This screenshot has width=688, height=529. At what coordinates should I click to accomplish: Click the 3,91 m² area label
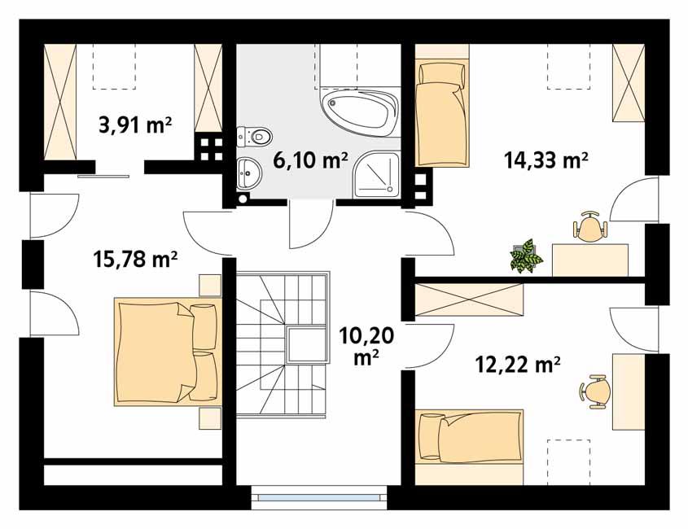coord(134,125)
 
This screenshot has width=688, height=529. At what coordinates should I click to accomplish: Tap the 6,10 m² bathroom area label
coord(310,160)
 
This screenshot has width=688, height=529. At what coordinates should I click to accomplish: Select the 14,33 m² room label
coord(546,160)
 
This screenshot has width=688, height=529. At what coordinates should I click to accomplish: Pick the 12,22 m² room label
coord(518,365)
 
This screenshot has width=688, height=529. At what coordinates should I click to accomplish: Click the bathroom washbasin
coord(247,172)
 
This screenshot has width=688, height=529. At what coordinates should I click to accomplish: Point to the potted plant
coord(526,256)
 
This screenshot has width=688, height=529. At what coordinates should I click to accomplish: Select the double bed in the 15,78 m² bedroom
coord(168,352)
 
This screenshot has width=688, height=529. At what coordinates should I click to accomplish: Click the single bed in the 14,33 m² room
coord(442,111)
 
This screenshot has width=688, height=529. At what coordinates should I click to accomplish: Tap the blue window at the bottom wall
coord(317,494)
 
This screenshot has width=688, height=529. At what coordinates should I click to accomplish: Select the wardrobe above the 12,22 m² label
coord(468,299)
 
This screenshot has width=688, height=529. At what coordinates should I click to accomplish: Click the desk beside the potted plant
coord(590,260)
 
